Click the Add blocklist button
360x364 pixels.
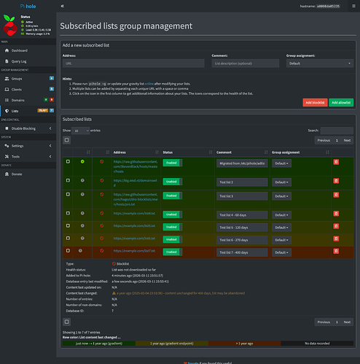coord(314,103)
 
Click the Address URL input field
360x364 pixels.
coord(134,63)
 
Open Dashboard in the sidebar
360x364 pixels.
coord(20,50)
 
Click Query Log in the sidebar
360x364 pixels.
coord(20,62)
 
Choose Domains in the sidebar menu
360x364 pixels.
coord(19,100)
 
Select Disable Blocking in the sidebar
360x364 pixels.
coord(25,128)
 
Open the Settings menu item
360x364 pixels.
coord(18,145)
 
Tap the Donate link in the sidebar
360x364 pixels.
coord(17,174)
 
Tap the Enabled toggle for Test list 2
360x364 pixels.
coord(171,180)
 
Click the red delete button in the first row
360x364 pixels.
coord(336,162)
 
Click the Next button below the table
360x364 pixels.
coord(347,321)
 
